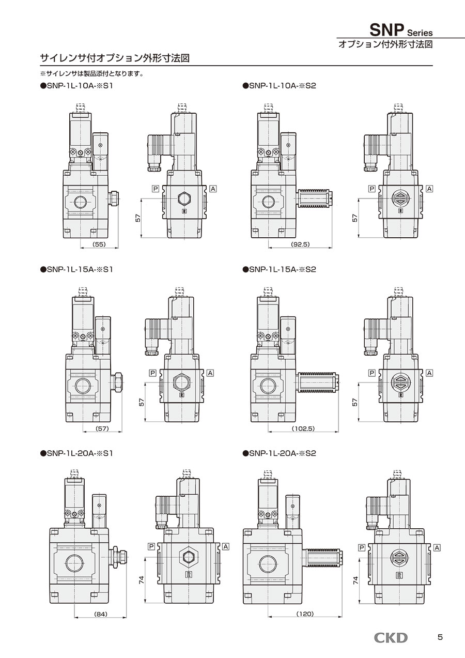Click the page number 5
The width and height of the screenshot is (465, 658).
point(440,637)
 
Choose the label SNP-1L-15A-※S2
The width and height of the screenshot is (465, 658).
point(278,269)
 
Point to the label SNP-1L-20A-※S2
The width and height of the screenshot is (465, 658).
point(278,453)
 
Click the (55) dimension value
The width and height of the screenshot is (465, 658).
point(99,244)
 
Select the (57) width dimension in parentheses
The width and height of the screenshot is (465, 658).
point(102,429)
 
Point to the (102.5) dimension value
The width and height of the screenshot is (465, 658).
point(303,429)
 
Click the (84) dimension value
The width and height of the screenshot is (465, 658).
point(101,614)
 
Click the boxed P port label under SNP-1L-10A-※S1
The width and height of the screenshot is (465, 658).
point(155,189)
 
